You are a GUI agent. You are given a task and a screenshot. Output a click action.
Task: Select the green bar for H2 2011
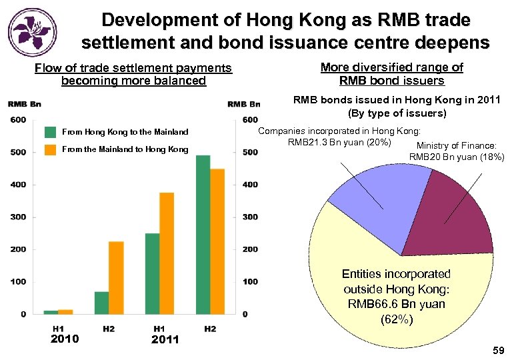203,234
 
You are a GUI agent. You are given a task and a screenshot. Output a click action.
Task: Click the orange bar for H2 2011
217,241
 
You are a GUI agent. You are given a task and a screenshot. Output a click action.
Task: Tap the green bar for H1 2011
153,273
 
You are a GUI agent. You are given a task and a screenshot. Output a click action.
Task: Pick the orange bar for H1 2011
167,253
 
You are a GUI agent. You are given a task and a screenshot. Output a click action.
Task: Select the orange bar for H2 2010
116,277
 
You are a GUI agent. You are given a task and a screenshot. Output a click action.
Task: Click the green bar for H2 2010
101,302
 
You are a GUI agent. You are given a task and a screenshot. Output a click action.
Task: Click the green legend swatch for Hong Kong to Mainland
50,132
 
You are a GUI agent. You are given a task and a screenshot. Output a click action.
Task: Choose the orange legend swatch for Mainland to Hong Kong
50,149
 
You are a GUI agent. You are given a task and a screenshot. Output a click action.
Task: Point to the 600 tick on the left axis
18,120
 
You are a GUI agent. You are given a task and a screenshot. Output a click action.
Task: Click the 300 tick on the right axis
250,217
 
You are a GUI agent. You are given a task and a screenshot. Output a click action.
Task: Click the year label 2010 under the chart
65,339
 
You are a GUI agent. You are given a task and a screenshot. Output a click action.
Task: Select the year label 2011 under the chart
165,339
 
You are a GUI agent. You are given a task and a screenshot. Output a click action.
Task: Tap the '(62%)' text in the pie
396,319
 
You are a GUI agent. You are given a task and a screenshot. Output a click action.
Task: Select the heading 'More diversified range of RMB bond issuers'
391,74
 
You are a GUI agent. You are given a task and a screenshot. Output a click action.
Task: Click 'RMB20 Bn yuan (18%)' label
457,157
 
